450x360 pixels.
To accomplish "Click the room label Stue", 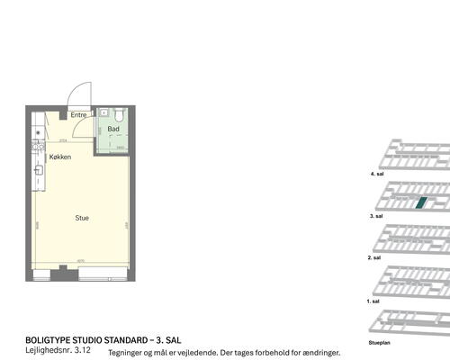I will tap(81, 217).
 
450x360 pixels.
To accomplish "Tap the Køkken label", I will tap(60, 157).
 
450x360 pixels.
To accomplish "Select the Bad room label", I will tap(113, 130).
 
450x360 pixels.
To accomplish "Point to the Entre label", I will tap(78, 115).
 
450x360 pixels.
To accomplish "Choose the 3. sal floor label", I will tap(376, 216).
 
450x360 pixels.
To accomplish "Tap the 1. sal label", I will tap(375, 301).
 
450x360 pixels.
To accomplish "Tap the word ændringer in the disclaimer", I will tap(319, 353).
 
